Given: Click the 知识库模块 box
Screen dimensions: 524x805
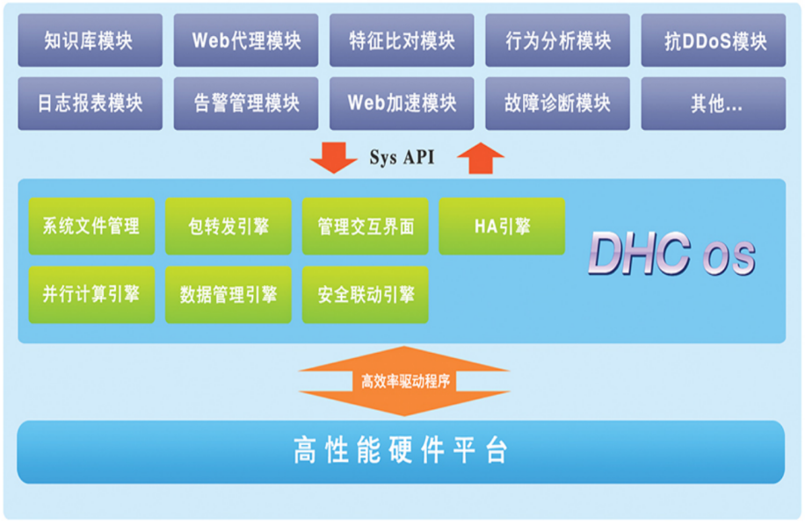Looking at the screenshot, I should click(90, 40).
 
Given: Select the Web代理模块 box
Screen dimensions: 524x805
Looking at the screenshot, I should click(245, 40).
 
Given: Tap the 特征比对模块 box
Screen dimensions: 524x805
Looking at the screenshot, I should click(402, 40).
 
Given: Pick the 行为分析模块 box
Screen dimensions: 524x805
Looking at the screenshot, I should click(557, 40).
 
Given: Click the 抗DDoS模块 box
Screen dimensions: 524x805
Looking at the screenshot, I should click(713, 40).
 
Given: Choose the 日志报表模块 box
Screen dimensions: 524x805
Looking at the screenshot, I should click(90, 103).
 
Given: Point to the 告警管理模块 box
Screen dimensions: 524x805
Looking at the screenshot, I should click(245, 103).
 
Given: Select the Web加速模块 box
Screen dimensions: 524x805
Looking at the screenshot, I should click(402, 103).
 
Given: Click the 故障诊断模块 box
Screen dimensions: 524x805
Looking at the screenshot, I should click(557, 103).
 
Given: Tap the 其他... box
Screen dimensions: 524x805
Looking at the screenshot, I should click(713, 103).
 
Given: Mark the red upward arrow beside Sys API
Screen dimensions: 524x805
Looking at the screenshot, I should click(481, 158).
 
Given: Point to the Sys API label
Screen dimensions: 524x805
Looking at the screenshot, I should click(402, 159).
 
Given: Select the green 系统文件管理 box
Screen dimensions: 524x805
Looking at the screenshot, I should click(91, 226).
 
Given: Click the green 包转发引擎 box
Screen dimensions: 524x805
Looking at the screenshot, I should click(228, 226).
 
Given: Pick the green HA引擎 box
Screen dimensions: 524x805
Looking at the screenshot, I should click(502, 226).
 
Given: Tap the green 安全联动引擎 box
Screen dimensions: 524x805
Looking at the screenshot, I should click(366, 295).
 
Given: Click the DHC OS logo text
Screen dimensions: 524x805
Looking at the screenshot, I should click(671, 255).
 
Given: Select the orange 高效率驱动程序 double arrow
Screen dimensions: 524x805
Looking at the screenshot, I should click(404, 381).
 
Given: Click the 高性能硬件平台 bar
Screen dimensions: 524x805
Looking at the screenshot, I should click(401, 451).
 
